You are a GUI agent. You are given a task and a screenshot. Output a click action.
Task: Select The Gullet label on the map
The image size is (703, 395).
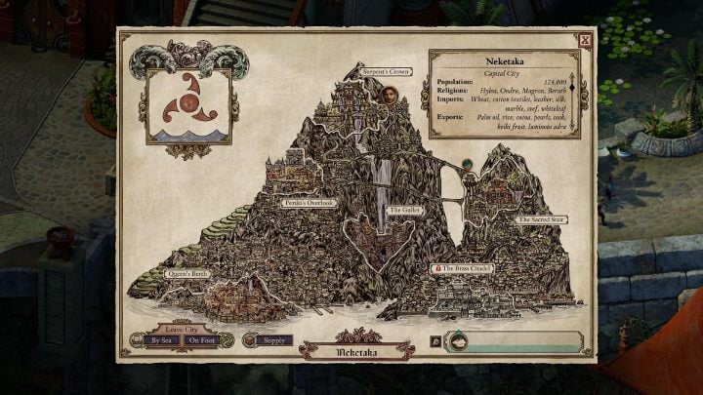(x=403, y=210)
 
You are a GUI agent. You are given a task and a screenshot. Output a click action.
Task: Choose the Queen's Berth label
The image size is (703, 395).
(x=186, y=274)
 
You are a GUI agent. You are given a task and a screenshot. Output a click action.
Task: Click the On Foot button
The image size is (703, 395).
(x=203, y=340)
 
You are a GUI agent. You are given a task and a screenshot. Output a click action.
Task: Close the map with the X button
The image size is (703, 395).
(x=583, y=41)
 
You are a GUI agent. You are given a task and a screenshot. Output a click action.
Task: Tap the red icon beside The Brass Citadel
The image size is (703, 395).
(x=438, y=267)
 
